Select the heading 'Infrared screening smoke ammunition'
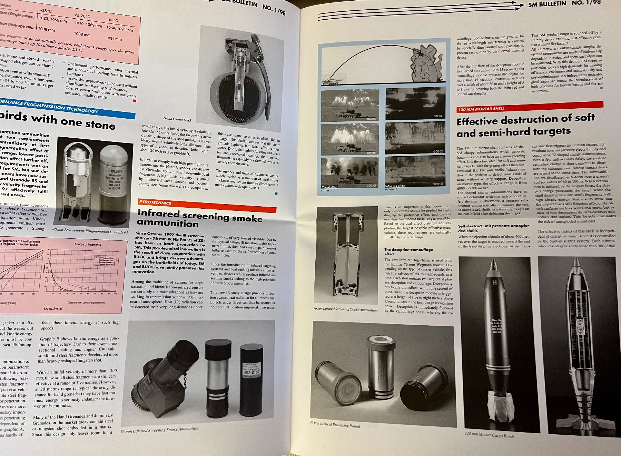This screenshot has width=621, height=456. click(200, 218)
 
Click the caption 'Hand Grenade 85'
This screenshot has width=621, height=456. click(177, 119)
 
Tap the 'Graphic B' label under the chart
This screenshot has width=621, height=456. click(53, 308)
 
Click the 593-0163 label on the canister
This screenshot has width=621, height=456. click(252, 372)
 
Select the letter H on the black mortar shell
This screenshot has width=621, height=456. click(494, 282)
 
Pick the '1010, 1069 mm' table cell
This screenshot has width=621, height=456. click(88, 24)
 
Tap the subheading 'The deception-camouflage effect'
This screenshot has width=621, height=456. click(408, 251)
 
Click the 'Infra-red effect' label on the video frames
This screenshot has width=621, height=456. click(395, 186)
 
